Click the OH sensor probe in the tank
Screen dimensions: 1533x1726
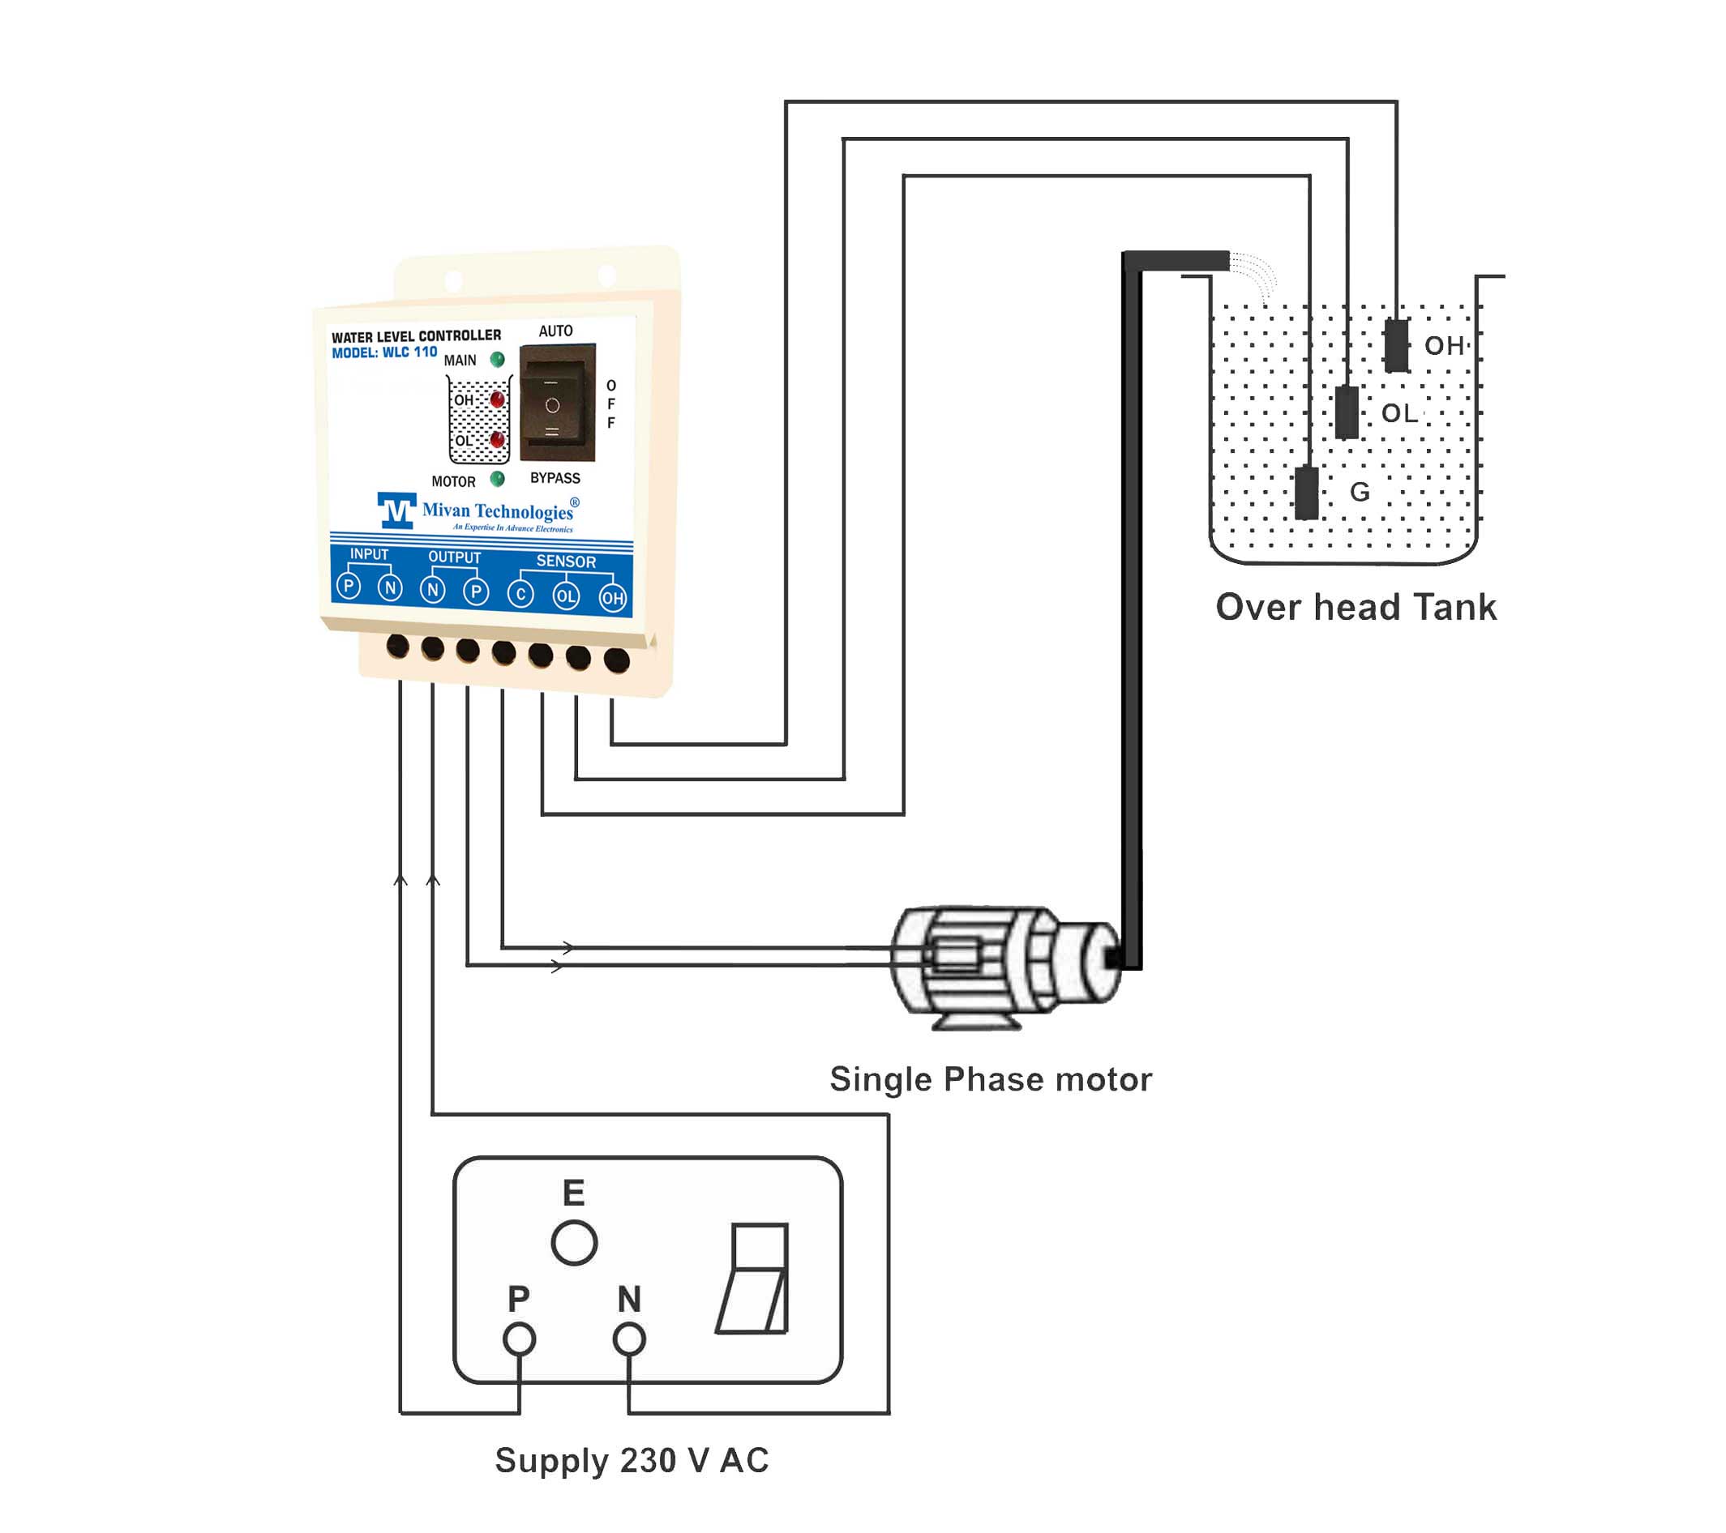tap(1397, 345)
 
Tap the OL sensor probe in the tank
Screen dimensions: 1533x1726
tap(1347, 412)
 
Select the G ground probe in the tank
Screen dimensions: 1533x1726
tap(1306, 493)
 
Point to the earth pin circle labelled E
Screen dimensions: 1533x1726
tap(574, 1243)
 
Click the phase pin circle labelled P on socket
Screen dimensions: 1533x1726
tap(519, 1339)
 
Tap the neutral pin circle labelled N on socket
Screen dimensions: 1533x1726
tap(629, 1339)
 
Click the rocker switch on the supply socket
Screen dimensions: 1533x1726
tap(754, 1279)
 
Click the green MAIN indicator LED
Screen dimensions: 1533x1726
tap(497, 360)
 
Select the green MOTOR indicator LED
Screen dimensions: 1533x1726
tap(497, 479)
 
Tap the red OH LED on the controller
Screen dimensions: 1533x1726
tap(497, 399)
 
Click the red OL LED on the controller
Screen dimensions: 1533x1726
tap(497, 440)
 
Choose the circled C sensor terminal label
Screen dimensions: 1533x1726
tap(521, 594)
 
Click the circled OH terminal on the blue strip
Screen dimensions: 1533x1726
tap(612, 599)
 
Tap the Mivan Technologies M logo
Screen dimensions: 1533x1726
tap(396, 510)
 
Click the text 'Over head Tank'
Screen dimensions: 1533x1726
tap(1356, 607)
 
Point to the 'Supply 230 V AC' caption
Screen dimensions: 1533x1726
tap(632, 1460)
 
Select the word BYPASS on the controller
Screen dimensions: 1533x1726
tap(555, 478)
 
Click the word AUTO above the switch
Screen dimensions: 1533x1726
tap(555, 331)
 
